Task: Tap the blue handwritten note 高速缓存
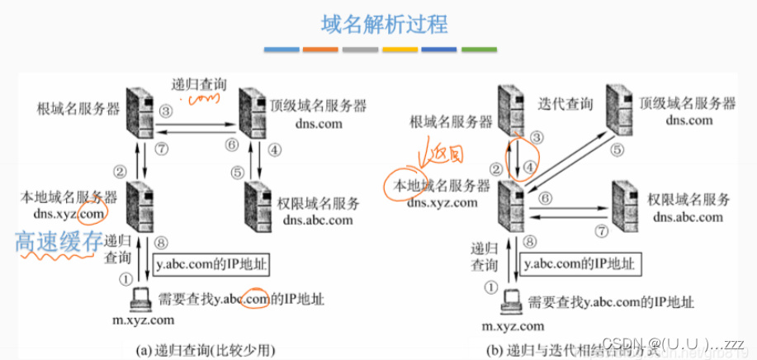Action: tap(57, 241)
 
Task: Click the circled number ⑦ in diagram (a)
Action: tap(163, 147)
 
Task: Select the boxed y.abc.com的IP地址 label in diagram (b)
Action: tap(579, 264)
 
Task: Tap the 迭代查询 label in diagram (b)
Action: tap(565, 105)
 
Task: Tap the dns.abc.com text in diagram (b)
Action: tap(688, 217)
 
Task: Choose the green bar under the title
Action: tap(478, 51)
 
